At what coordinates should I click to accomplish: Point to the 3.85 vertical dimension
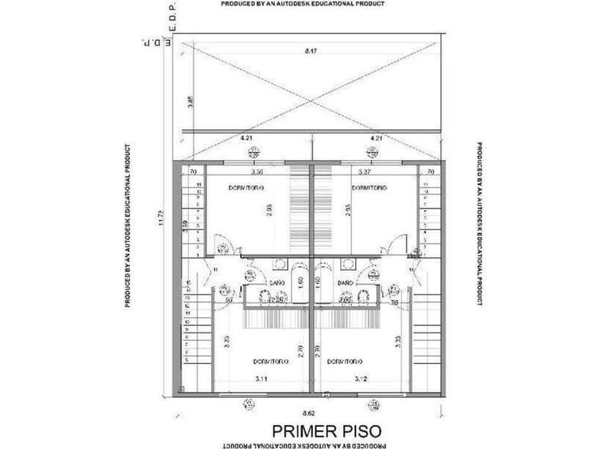tap(190, 102)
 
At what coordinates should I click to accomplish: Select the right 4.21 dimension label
tap(376, 137)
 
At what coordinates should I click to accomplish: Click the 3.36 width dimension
tap(257, 172)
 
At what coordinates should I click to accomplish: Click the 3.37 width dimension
tap(364, 172)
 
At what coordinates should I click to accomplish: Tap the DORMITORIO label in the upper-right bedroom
tap(369, 189)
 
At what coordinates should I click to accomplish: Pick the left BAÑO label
tap(278, 282)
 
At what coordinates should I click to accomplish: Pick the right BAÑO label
tap(346, 282)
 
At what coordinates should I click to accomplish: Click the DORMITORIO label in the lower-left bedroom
tap(271, 361)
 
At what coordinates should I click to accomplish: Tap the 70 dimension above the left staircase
tap(194, 172)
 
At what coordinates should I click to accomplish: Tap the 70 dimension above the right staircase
tap(430, 172)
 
